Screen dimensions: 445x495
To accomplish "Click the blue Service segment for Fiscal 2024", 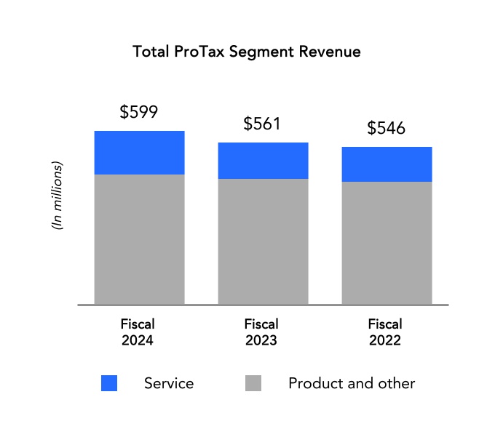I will click(x=139, y=153).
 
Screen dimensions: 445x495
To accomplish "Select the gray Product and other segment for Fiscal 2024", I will click(x=139, y=239).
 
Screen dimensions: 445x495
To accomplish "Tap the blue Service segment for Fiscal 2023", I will click(x=263, y=161).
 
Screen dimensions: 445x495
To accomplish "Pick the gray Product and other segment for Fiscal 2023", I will click(x=263, y=241).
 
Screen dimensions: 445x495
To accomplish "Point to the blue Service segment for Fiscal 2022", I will click(x=387, y=164).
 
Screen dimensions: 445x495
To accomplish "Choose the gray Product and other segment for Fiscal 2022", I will click(x=387, y=243).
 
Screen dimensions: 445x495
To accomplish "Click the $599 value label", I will click(x=139, y=112).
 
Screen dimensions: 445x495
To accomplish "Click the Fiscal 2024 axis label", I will click(x=138, y=332).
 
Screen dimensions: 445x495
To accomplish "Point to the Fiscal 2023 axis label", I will click(x=261, y=332).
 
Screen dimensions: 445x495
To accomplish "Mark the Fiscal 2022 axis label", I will click(x=385, y=332).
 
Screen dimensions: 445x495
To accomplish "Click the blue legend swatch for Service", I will click(x=109, y=383).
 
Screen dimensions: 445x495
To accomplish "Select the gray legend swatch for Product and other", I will click(x=253, y=383).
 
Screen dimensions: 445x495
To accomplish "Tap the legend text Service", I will click(x=169, y=383).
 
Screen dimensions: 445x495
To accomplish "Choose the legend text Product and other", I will click(x=352, y=383).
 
